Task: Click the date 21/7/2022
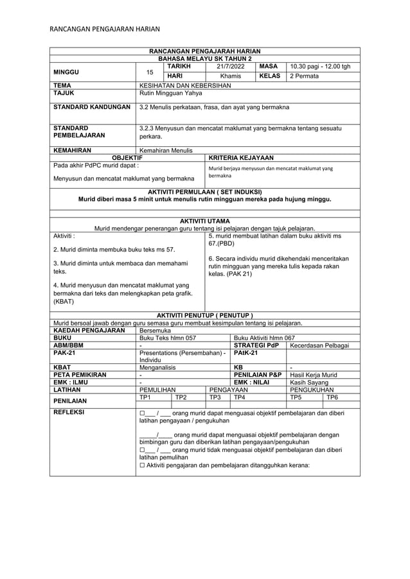point(230,66)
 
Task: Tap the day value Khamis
point(230,76)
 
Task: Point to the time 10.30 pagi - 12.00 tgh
point(320,66)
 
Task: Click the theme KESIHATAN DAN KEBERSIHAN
point(184,85)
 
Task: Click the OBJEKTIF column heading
point(127,157)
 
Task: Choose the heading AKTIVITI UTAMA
point(204,221)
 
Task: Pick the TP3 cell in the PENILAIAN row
point(215,397)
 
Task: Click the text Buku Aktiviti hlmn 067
point(264,337)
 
